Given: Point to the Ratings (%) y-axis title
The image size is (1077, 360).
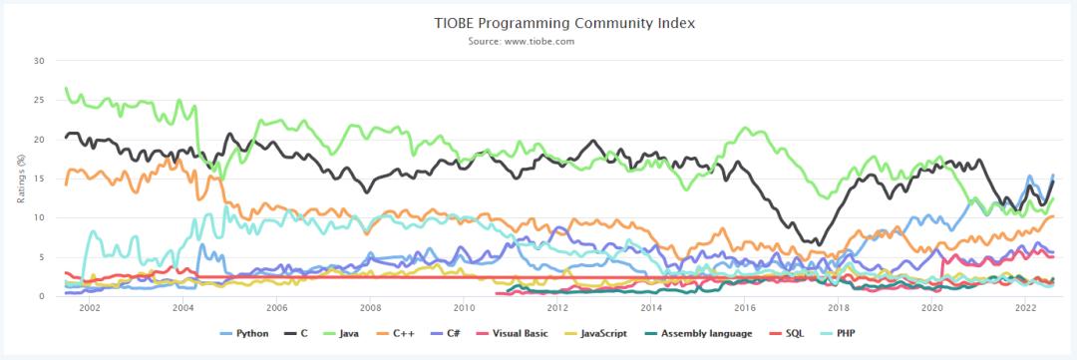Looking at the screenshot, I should tap(20, 179).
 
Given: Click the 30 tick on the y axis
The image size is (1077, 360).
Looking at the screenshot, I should tap(40, 61).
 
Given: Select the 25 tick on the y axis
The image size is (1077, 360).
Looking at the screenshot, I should tap(40, 100).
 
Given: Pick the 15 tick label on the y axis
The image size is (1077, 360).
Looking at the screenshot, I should tap(40, 179).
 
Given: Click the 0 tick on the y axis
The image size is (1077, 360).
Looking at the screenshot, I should tap(43, 296).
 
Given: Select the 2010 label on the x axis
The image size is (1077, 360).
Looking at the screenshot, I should tap(464, 309).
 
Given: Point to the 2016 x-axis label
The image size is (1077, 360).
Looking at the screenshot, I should tap(745, 309).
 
